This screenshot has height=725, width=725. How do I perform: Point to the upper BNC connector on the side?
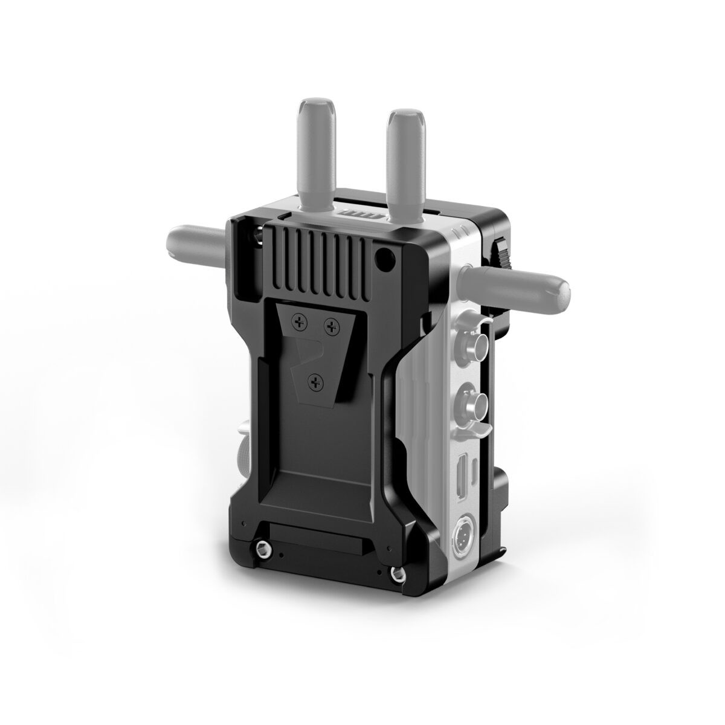[x=469, y=347]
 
